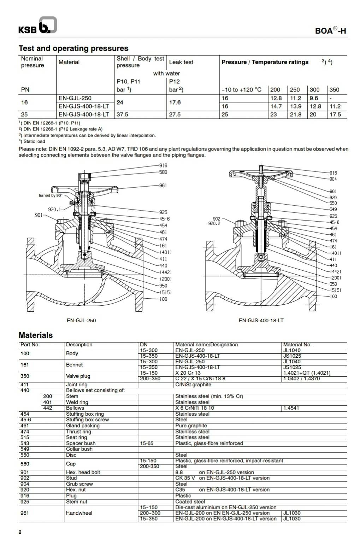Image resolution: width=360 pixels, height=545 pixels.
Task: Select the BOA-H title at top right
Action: (330, 31)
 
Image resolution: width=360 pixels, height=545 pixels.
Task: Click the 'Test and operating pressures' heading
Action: (73, 48)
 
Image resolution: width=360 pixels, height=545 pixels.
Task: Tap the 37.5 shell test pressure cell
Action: (123, 115)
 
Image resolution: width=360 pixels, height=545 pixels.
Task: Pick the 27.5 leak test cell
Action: (175, 115)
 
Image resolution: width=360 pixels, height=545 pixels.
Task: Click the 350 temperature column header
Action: (334, 90)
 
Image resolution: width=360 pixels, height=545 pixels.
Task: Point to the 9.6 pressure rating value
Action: (314, 98)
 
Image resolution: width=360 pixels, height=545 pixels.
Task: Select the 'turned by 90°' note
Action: (51, 195)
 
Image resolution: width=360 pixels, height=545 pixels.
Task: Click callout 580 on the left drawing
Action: (163, 172)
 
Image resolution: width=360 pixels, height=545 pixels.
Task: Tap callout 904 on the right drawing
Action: (333, 179)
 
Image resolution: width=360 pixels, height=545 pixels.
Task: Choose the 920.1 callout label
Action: (54, 209)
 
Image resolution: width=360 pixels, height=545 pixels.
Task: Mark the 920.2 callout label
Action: (214, 223)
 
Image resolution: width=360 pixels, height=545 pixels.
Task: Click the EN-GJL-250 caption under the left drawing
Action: (81, 321)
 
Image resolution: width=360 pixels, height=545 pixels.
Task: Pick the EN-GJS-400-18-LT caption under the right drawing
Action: (261, 321)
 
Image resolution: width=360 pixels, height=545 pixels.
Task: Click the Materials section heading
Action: (36, 335)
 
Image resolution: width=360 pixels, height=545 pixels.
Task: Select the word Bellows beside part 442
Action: (75, 408)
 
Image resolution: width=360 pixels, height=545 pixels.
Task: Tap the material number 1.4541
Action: (291, 408)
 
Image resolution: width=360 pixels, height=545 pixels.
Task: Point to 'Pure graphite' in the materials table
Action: (191, 426)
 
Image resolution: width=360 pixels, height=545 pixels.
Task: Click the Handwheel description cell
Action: (79, 513)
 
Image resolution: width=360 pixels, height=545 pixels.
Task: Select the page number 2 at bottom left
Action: (20, 532)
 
